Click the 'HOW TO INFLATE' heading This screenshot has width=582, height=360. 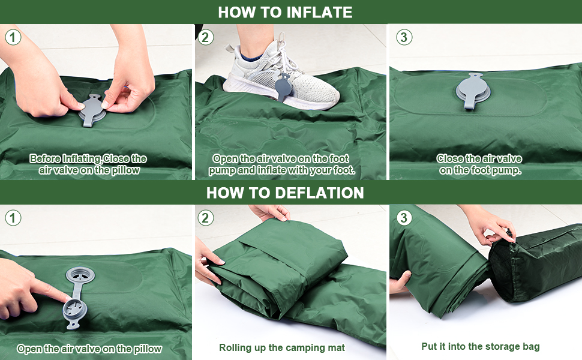pyautogui.click(x=285, y=12)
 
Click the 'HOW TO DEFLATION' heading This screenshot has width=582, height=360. pyautogui.click(x=285, y=193)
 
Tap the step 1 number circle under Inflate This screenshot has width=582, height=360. pyautogui.click(x=13, y=37)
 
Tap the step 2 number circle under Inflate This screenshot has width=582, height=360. pyautogui.click(x=206, y=37)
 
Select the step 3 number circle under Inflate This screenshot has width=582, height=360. pyautogui.click(x=404, y=37)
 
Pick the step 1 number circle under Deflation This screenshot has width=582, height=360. pyautogui.click(x=13, y=218)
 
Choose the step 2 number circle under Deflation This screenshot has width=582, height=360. pyautogui.click(x=206, y=218)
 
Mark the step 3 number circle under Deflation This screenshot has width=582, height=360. pyautogui.click(x=404, y=217)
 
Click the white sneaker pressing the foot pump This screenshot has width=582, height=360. pyautogui.click(x=282, y=80)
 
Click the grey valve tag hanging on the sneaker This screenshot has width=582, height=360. pyautogui.click(x=283, y=87)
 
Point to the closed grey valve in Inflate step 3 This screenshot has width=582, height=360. pyautogui.click(x=473, y=91)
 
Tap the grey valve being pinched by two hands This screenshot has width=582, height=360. pyautogui.click(x=91, y=112)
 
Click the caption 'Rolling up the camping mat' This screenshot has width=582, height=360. pyautogui.click(x=282, y=348)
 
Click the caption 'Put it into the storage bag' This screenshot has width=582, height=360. pyautogui.click(x=480, y=347)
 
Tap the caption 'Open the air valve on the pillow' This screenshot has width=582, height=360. pyautogui.click(x=89, y=349)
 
